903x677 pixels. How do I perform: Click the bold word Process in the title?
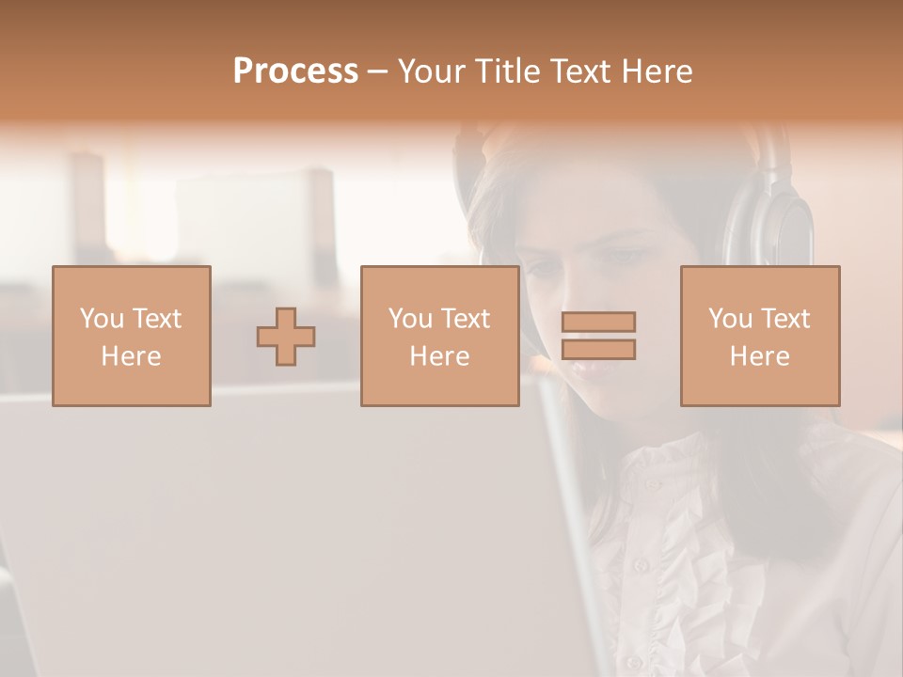(x=295, y=71)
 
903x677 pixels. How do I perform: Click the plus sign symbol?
(x=286, y=337)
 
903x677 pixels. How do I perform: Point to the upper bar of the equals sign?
(x=598, y=322)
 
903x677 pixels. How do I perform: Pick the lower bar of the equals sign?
(x=598, y=350)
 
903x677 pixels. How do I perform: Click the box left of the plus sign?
(x=132, y=336)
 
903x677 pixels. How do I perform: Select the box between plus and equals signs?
(x=439, y=336)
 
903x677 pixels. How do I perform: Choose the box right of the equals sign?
(x=760, y=336)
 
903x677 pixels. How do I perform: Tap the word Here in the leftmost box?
(x=131, y=356)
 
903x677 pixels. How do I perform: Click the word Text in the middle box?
(x=466, y=319)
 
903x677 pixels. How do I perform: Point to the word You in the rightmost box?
(x=730, y=319)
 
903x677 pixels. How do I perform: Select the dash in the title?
(x=377, y=71)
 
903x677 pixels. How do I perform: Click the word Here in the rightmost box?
(x=759, y=356)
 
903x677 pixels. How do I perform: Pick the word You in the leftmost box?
(x=102, y=319)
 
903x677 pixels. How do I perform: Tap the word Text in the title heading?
(x=581, y=71)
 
